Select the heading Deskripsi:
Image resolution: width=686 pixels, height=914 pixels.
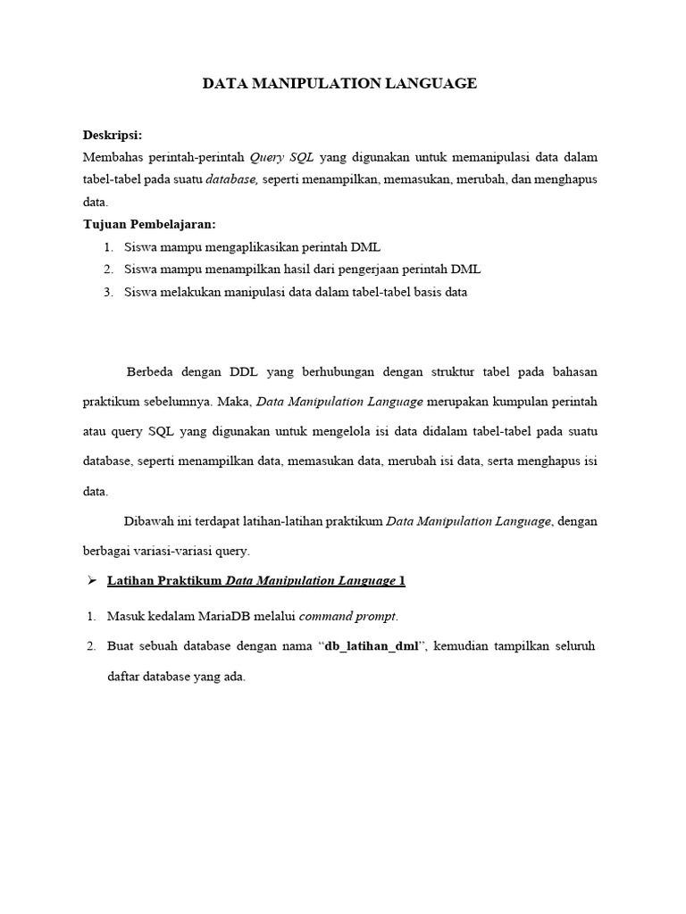coord(113,136)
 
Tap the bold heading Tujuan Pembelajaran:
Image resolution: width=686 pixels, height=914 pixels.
coord(150,224)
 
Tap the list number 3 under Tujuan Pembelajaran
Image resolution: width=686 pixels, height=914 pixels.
coord(107,292)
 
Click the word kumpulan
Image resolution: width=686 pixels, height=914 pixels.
coord(504,402)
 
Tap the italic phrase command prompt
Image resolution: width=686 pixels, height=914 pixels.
coord(347,616)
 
